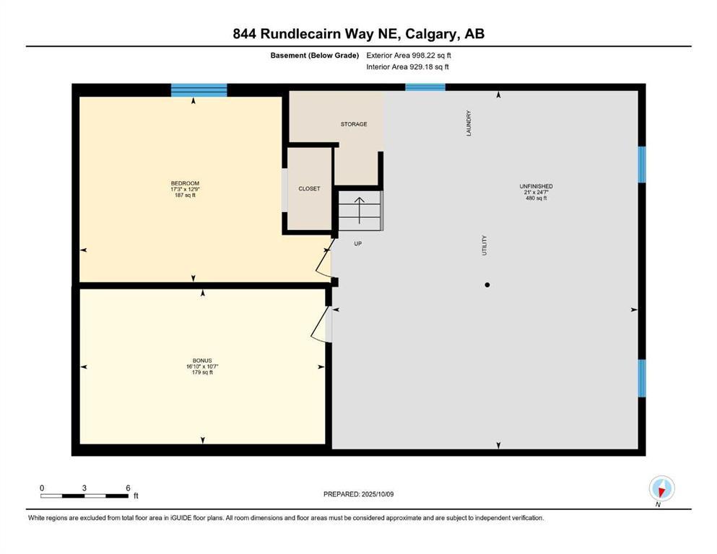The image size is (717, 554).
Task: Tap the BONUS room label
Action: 201,361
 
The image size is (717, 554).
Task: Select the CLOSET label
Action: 309,189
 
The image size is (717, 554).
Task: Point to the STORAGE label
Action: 354,124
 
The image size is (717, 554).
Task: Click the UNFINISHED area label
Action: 536,187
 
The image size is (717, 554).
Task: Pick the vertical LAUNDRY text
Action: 469,123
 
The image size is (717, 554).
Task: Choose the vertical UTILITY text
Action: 484,245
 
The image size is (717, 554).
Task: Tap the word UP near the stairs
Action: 357,244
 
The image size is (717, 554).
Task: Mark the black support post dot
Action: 487,285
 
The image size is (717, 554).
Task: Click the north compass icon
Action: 661,488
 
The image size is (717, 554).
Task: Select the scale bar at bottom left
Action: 84,496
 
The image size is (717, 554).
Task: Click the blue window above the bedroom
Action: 199,90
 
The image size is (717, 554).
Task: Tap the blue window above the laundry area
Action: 425,87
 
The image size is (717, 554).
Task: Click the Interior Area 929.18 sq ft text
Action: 408,67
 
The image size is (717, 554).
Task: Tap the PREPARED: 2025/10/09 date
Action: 359,494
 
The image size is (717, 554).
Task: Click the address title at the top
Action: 358,34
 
